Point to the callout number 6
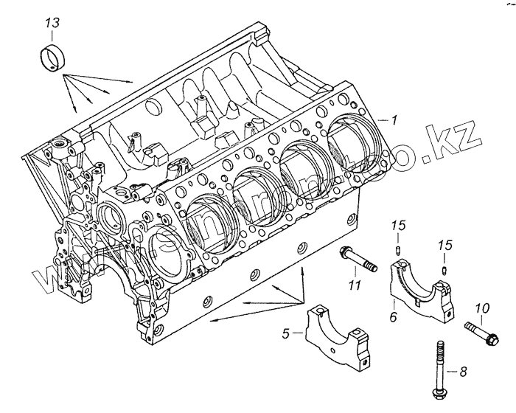coord(393,316)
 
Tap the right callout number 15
coord(444,244)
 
